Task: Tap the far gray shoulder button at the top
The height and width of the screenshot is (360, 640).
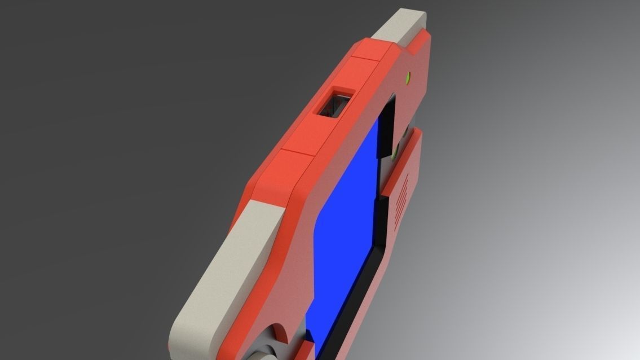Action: [x=404, y=28]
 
